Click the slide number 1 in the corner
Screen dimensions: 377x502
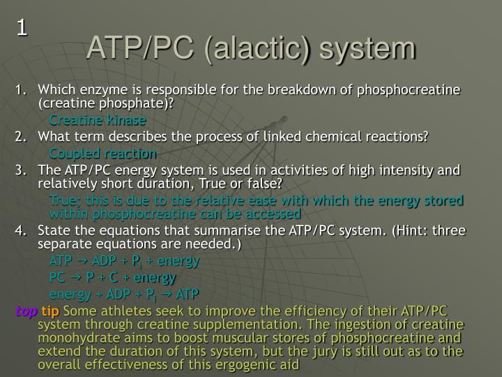click(23, 28)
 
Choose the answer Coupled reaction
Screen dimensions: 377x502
click(102, 153)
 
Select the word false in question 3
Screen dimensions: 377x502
click(266, 184)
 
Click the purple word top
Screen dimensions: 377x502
click(26, 311)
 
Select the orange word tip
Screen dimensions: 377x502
click(51, 311)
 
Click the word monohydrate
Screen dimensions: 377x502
click(72, 339)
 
